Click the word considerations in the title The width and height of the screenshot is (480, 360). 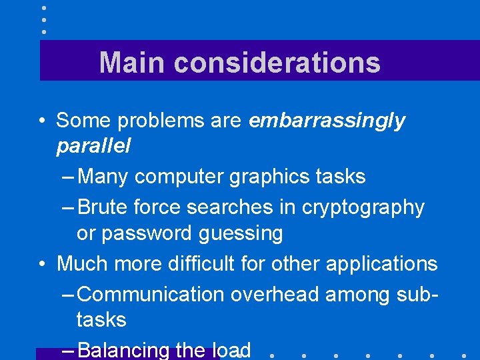click(x=277, y=63)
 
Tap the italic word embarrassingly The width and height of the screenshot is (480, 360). click(x=327, y=121)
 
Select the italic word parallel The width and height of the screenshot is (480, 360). click(x=93, y=146)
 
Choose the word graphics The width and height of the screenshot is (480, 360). click(x=269, y=177)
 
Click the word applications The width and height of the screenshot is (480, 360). click(x=381, y=265)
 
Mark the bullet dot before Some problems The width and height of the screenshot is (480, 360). click(x=42, y=121)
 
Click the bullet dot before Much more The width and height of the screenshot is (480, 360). click(x=42, y=264)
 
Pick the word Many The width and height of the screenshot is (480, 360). click(x=103, y=177)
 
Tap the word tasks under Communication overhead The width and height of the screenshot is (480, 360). click(x=101, y=320)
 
